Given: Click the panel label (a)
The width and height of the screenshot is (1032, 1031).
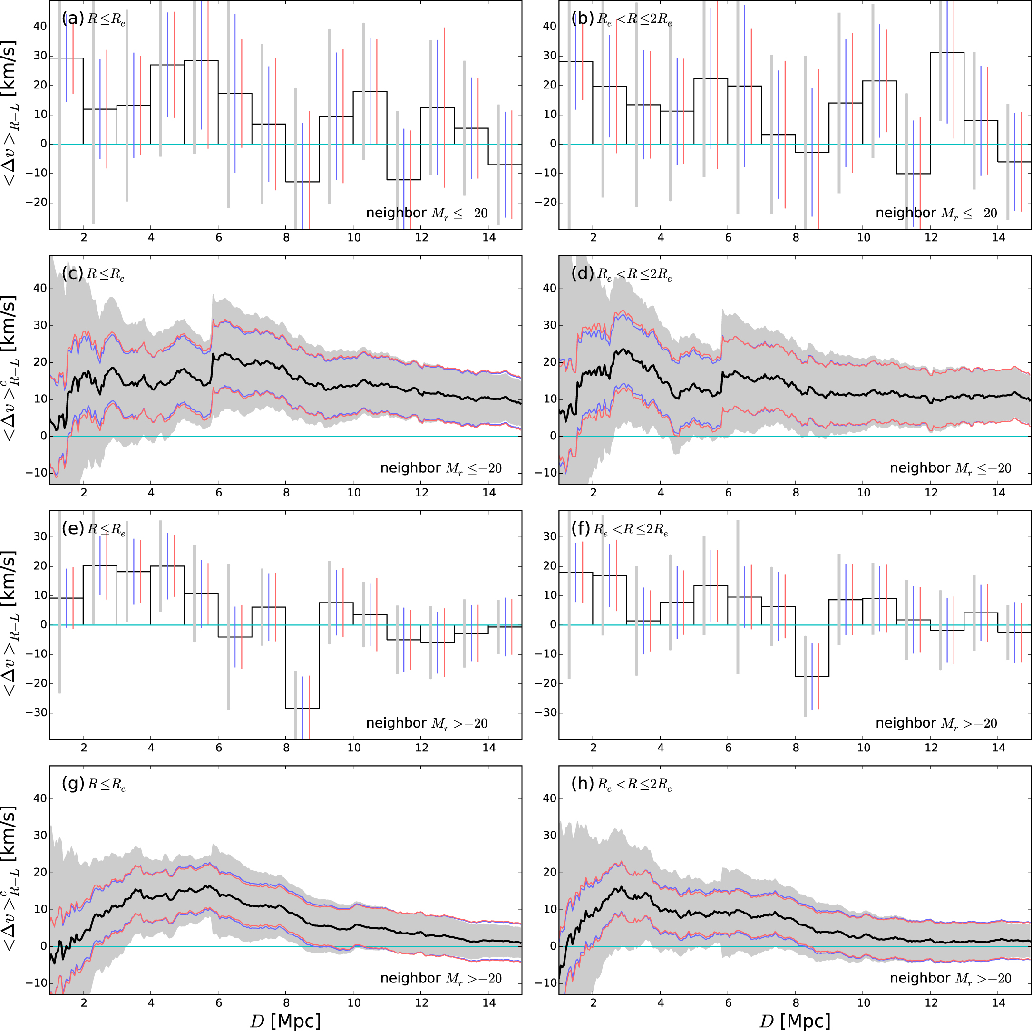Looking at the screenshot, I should pyautogui.click(x=73, y=19).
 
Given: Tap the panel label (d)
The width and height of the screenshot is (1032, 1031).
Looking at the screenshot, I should pyautogui.click(x=582, y=273).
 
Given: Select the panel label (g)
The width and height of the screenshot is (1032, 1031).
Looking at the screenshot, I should pyautogui.click(x=73, y=784).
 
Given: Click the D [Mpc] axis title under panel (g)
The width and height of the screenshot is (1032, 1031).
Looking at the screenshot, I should pyautogui.click(x=285, y=1021).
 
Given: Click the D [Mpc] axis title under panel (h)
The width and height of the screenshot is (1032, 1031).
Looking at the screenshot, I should pyautogui.click(x=795, y=1021).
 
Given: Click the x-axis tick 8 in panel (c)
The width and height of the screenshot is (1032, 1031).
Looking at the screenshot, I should pyautogui.click(x=286, y=493).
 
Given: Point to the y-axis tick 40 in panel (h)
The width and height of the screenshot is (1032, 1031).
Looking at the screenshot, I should pyautogui.click(x=550, y=798).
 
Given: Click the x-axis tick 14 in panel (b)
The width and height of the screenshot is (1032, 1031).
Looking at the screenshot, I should pyautogui.click(x=998, y=238).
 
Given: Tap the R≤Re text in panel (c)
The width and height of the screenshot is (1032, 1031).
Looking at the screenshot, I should pyautogui.click(x=105, y=274).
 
